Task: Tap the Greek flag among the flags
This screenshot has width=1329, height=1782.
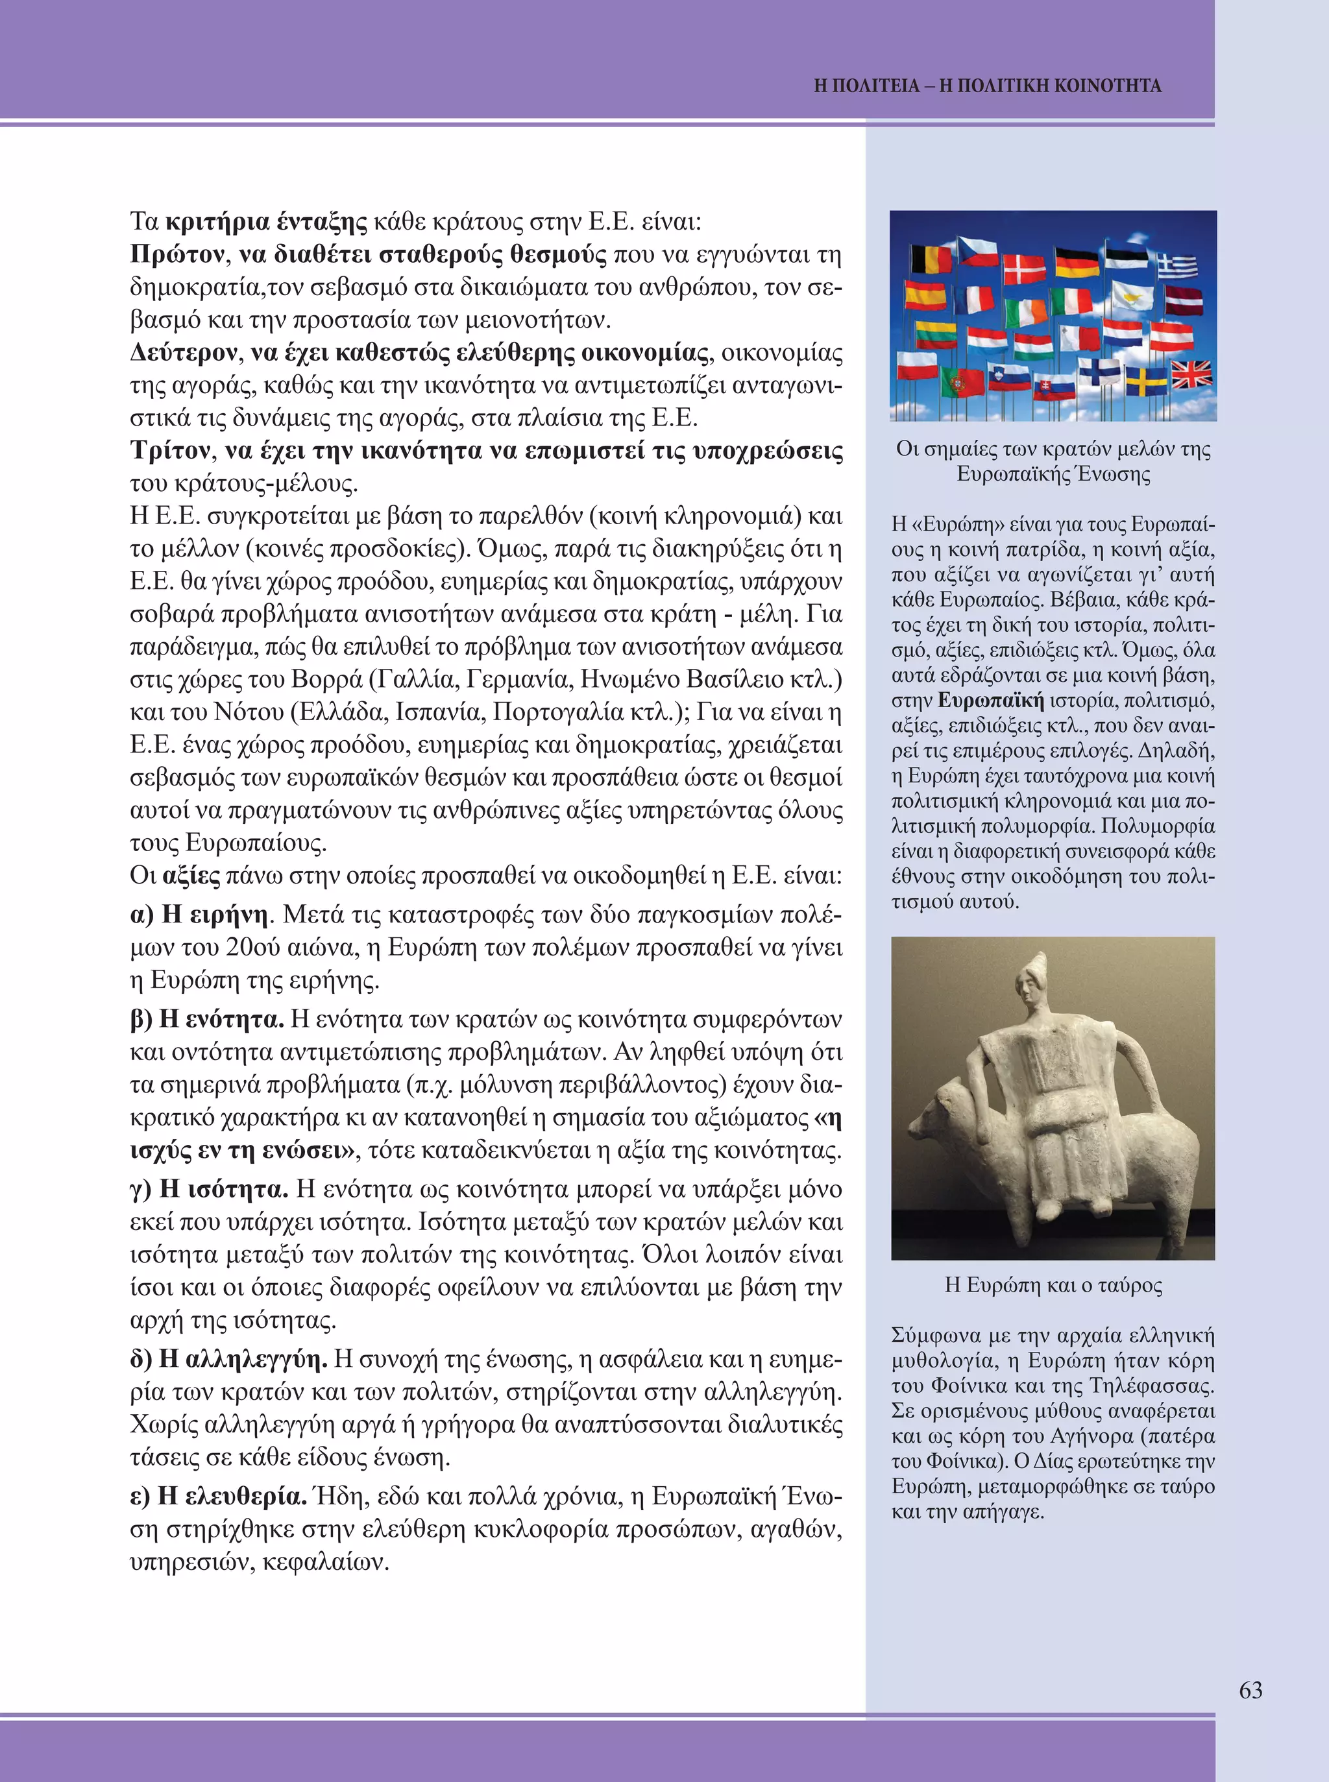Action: (1176, 265)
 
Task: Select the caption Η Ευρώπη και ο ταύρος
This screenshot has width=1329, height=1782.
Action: (1053, 1285)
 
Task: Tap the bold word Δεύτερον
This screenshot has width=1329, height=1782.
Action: (184, 353)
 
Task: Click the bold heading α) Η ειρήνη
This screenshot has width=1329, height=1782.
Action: (198, 915)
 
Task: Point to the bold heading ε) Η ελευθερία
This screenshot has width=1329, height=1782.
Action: (218, 1497)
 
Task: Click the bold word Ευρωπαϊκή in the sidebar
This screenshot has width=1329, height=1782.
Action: (990, 701)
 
